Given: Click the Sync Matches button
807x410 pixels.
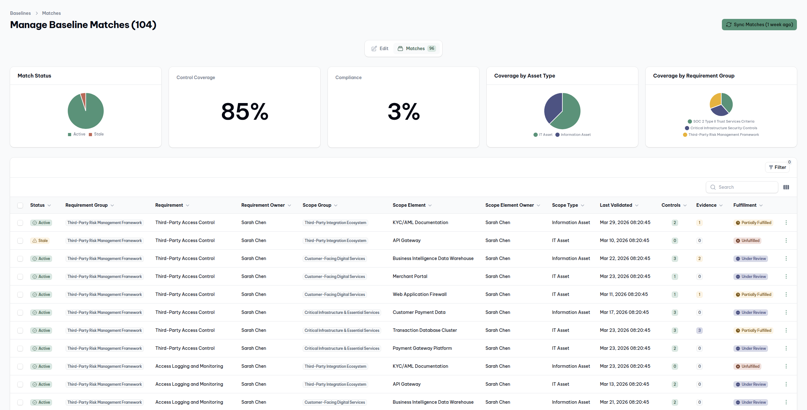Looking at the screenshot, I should [x=759, y=25].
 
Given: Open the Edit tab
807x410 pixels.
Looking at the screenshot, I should [x=380, y=49].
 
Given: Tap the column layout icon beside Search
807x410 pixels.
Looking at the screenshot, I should [x=786, y=187].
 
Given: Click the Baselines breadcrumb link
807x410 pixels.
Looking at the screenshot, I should [x=20, y=13].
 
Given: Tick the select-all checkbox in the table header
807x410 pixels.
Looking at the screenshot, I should [x=20, y=205].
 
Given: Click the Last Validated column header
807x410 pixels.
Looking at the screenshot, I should [x=616, y=205].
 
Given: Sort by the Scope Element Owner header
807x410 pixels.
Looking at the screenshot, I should [x=509, y=205].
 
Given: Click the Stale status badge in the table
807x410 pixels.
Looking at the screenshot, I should [x=40, y=241].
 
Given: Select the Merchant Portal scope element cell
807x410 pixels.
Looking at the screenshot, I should [x=410, y=276].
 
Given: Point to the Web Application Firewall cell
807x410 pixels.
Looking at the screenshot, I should [x=420, y=294].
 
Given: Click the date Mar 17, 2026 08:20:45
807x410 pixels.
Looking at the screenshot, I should [x=624, y=312].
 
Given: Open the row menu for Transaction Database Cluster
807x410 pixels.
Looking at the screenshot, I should [x=786, y=330].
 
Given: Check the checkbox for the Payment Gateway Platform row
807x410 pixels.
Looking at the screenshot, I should [x=20, y=349].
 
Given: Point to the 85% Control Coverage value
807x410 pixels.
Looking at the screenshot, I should [x=245, y=112].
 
